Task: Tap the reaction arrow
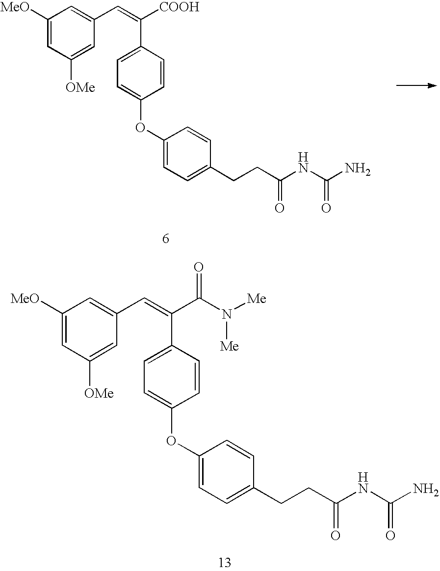pos(417,85)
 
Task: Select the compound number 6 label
pos(166,239)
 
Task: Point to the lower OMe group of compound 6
pos(80,87)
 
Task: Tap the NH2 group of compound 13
pos(426,489)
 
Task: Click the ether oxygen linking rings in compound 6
pos(140,127)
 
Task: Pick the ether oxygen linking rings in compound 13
pos(171,440)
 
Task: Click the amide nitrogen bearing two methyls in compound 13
pos(227,315)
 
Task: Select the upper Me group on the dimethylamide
pos(257,299)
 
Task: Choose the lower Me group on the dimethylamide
pos(230,346)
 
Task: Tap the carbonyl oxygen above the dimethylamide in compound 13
pos(199,268)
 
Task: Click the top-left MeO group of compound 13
pos(25,299)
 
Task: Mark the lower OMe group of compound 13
pos(99,393)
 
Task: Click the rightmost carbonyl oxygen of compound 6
pos(327,208)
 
